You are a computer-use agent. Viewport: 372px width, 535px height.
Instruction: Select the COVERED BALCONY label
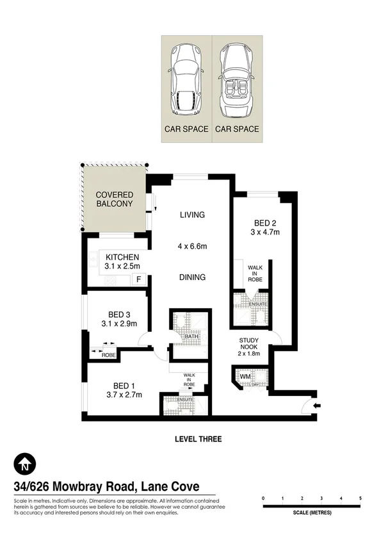(114, 199)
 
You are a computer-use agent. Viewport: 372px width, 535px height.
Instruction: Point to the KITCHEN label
(122, 257)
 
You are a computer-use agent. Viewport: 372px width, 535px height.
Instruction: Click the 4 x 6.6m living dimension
(192, 246)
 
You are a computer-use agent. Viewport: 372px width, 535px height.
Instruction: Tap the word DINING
(192, 277)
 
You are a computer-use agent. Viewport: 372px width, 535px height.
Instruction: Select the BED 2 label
(263, 223)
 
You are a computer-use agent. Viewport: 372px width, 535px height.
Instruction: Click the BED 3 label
(119, 314)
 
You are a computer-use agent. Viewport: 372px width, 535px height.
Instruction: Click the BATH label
(191, 336)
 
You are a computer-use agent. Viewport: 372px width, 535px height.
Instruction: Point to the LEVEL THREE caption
(198, 439)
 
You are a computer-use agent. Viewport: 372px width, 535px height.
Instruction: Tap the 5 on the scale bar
(360, 498)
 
